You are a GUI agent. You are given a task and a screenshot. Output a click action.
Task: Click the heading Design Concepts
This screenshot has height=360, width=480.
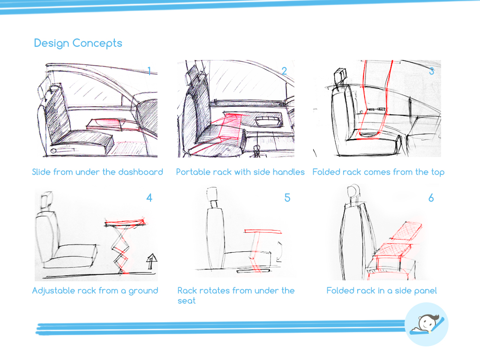click(78, 43)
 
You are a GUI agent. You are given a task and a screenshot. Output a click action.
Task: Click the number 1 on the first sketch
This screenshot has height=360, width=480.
click(149, 71)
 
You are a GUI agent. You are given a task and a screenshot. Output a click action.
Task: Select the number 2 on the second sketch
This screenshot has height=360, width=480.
click(284, 71)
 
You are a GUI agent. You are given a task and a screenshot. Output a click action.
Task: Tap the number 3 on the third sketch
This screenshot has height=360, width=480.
click(432, 71)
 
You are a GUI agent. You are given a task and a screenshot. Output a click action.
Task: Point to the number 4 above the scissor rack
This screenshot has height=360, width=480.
click(149, 198)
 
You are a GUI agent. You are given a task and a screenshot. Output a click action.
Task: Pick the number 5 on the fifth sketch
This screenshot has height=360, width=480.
click(287, 198)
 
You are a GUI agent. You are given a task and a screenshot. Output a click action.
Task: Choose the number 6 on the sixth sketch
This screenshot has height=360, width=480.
click(431, 198)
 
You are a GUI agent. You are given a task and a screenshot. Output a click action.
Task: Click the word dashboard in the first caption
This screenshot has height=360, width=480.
click(141, 172)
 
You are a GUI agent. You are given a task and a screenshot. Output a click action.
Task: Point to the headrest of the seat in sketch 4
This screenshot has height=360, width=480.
click(46, 200)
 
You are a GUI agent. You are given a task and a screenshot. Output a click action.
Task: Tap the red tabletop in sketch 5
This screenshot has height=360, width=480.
click(262, 232)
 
